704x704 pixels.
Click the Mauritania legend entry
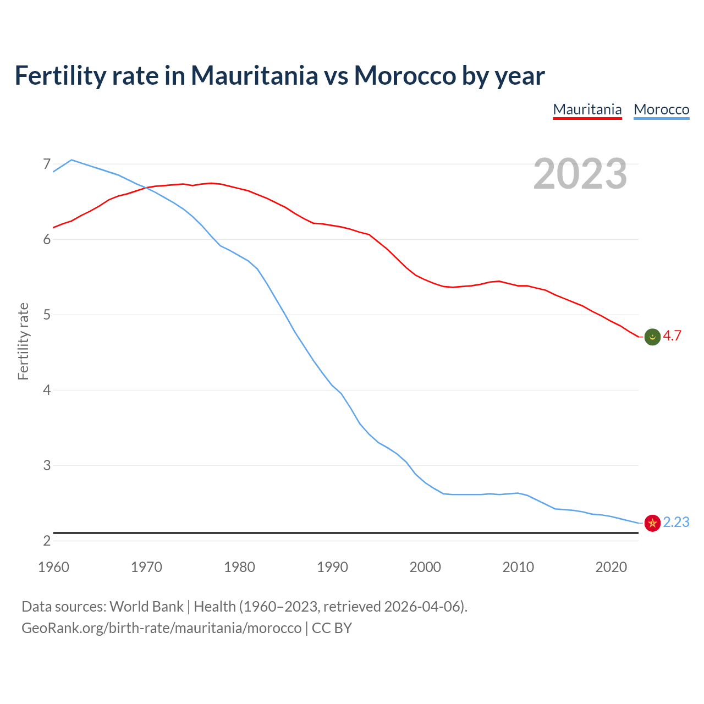pos(587,109)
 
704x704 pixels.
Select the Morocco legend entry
pos(661,109)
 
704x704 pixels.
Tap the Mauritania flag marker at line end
pos(652,337)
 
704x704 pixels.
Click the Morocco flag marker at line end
pos(652,523)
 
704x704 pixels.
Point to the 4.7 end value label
pos(672,335)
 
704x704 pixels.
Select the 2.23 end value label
pos(676,522)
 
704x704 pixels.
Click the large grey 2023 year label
pos(580,174)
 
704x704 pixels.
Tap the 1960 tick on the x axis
pos(53,567)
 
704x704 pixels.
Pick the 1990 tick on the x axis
pos(332,567)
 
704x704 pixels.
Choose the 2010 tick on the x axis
pos(518,567)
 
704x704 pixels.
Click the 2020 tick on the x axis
pos(611,567)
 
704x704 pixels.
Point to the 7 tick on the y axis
pos(47,164)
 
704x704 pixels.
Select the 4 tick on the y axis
pos(47,390)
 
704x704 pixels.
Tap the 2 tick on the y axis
pos(47,541)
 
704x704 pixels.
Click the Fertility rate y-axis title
pos(23,341)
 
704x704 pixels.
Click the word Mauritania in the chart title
pos(254,75)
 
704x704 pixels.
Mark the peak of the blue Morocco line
pos(71,160)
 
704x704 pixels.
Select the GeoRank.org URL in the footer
pos(162,628)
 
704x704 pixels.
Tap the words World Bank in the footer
pos(146,607)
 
